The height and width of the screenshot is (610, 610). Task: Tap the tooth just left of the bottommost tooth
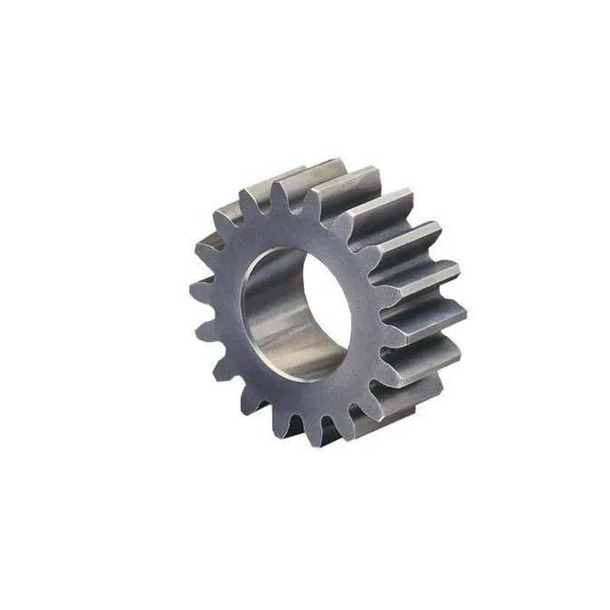tap(288, 424)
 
